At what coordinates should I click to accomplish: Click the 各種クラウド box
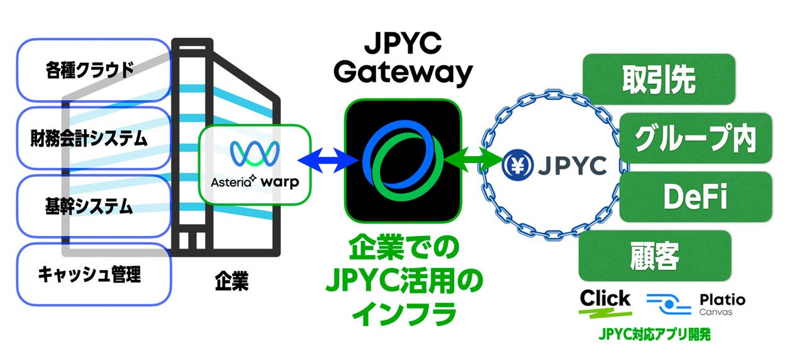(x=94, y=70)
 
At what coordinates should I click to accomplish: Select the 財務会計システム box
(x=94, y=138)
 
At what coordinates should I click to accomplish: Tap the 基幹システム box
(x=94, y=206)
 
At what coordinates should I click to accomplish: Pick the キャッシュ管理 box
(x=94, y=274)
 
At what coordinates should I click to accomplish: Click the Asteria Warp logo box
(x=254, y=164)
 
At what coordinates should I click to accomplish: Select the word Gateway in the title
(x=403, y=72)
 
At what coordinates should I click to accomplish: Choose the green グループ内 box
(x=695, y=138)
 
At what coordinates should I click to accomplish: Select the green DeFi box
(x=695, y=196)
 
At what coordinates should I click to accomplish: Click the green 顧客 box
(x=654, y=256)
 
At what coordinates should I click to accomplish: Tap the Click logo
(x=605, y=301)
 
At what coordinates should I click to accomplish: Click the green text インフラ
(x=403, y=313)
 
